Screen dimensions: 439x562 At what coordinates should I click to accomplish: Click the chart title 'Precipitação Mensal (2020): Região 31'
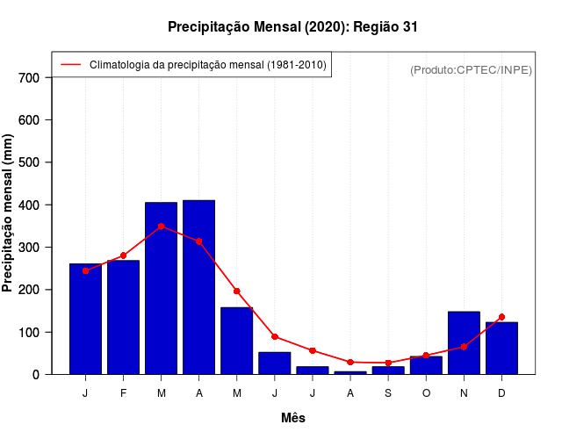click(x=292, y=27)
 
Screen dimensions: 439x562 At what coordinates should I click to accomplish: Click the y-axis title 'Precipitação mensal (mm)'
click(x=9, y=212)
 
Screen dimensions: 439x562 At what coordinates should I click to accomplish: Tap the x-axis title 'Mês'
click(x=293, y=418)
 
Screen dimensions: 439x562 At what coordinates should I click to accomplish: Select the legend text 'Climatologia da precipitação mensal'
click(x=207, y=65)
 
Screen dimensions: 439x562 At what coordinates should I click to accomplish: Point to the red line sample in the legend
click(x=70, y=65)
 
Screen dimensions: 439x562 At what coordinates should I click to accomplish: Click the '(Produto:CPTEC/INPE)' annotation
click(x=471, y=70)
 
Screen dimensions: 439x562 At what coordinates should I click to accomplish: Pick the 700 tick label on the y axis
click(x=30, y=77)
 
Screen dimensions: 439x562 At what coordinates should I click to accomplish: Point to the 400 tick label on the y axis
click(x=30, y=205)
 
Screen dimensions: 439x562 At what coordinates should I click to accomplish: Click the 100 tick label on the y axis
click(x=30, y=332)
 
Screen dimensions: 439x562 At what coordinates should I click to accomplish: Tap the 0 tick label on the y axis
click(x=36, y=375)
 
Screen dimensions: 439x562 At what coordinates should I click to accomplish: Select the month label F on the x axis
click(x=124, y=392)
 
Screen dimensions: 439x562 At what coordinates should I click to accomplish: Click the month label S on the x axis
click(x=388, y=392)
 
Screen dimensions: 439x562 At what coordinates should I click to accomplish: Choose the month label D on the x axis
click(x=501, y=392)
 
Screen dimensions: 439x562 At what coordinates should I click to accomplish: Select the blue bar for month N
click(x=464, y=342)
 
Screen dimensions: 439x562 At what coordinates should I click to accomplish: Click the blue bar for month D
click(x=501, y=348)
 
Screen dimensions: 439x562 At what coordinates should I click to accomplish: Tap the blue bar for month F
click(x=124, y=317)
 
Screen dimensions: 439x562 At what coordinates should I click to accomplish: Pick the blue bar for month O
click(x=426, y=365)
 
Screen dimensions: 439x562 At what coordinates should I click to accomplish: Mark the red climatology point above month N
click(x=464, y=347)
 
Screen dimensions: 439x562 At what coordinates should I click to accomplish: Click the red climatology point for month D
click(x=501, y=317)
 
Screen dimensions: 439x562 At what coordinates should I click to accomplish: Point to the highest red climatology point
click(x=162, y=227)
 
